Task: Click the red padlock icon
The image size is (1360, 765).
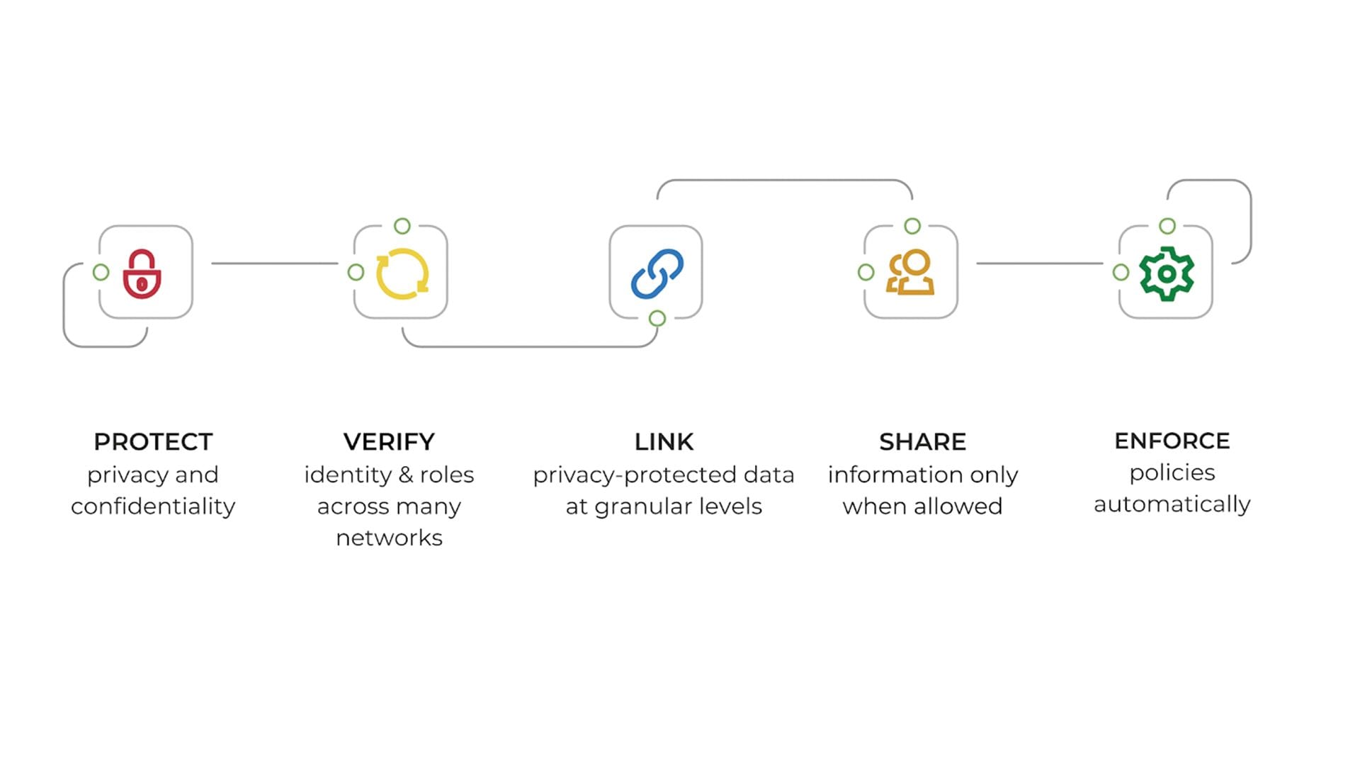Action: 142,273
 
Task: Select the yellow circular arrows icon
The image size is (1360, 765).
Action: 402,273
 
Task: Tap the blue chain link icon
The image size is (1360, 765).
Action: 657,273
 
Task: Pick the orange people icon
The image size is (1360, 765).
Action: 911,273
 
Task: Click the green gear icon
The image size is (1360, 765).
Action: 1166,273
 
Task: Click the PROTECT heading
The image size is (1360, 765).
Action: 153,442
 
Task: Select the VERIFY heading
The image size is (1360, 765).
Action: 389,442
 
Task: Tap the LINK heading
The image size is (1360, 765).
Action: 664,442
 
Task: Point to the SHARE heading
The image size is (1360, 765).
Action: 922,442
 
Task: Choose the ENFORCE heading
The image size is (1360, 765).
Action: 1172,441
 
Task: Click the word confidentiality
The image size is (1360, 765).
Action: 153,506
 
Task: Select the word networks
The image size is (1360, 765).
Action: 389,538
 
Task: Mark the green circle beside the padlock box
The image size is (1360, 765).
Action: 101,272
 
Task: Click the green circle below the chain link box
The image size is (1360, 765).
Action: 657,318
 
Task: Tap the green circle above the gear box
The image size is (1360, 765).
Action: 1167,226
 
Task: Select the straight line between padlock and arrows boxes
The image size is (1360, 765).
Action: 275,263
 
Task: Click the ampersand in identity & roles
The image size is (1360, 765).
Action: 406,475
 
